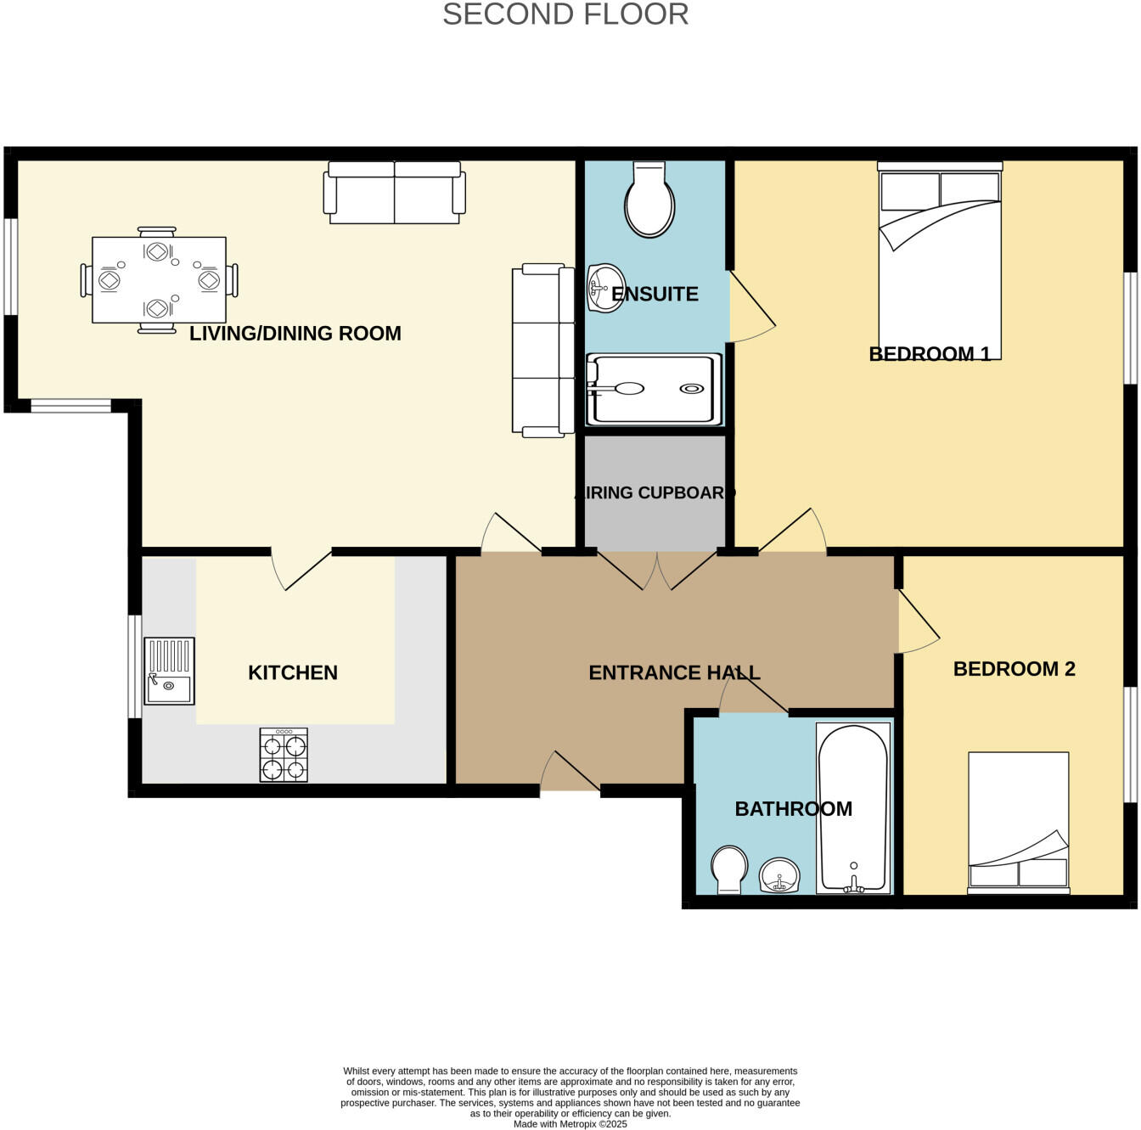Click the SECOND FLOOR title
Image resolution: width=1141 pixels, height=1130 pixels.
coord(565,14)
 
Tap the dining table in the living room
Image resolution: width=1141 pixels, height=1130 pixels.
coord(159,279)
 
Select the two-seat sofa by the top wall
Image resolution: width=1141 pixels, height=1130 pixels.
coord(395,193)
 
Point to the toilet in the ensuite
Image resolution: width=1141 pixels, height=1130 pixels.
coord(649,200)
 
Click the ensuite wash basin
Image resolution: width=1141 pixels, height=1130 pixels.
coord(606,288)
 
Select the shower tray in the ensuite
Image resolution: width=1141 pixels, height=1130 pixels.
coord(654,390)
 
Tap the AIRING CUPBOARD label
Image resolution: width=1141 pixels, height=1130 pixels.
coord(655,492)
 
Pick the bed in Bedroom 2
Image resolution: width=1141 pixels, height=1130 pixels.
coord(1019,822)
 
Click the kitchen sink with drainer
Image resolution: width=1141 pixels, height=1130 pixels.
coord(169,671)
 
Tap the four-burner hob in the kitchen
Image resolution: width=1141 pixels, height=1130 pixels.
coord(284,755)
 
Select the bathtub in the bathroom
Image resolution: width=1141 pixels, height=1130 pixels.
coord(853,807)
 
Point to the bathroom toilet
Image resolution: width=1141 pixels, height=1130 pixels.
coord(729,869)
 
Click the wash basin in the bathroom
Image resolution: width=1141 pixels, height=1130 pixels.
coord(779,874)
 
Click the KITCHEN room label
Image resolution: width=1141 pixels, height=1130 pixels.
coord(293,672)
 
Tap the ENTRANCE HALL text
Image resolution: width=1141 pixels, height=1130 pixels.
coord(674,672)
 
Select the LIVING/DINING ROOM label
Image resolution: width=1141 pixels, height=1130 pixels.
coord(295,333)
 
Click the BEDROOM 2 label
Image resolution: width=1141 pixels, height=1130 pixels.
coord(1014,669)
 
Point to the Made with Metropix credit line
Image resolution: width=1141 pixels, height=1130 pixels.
coord(570,1123)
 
